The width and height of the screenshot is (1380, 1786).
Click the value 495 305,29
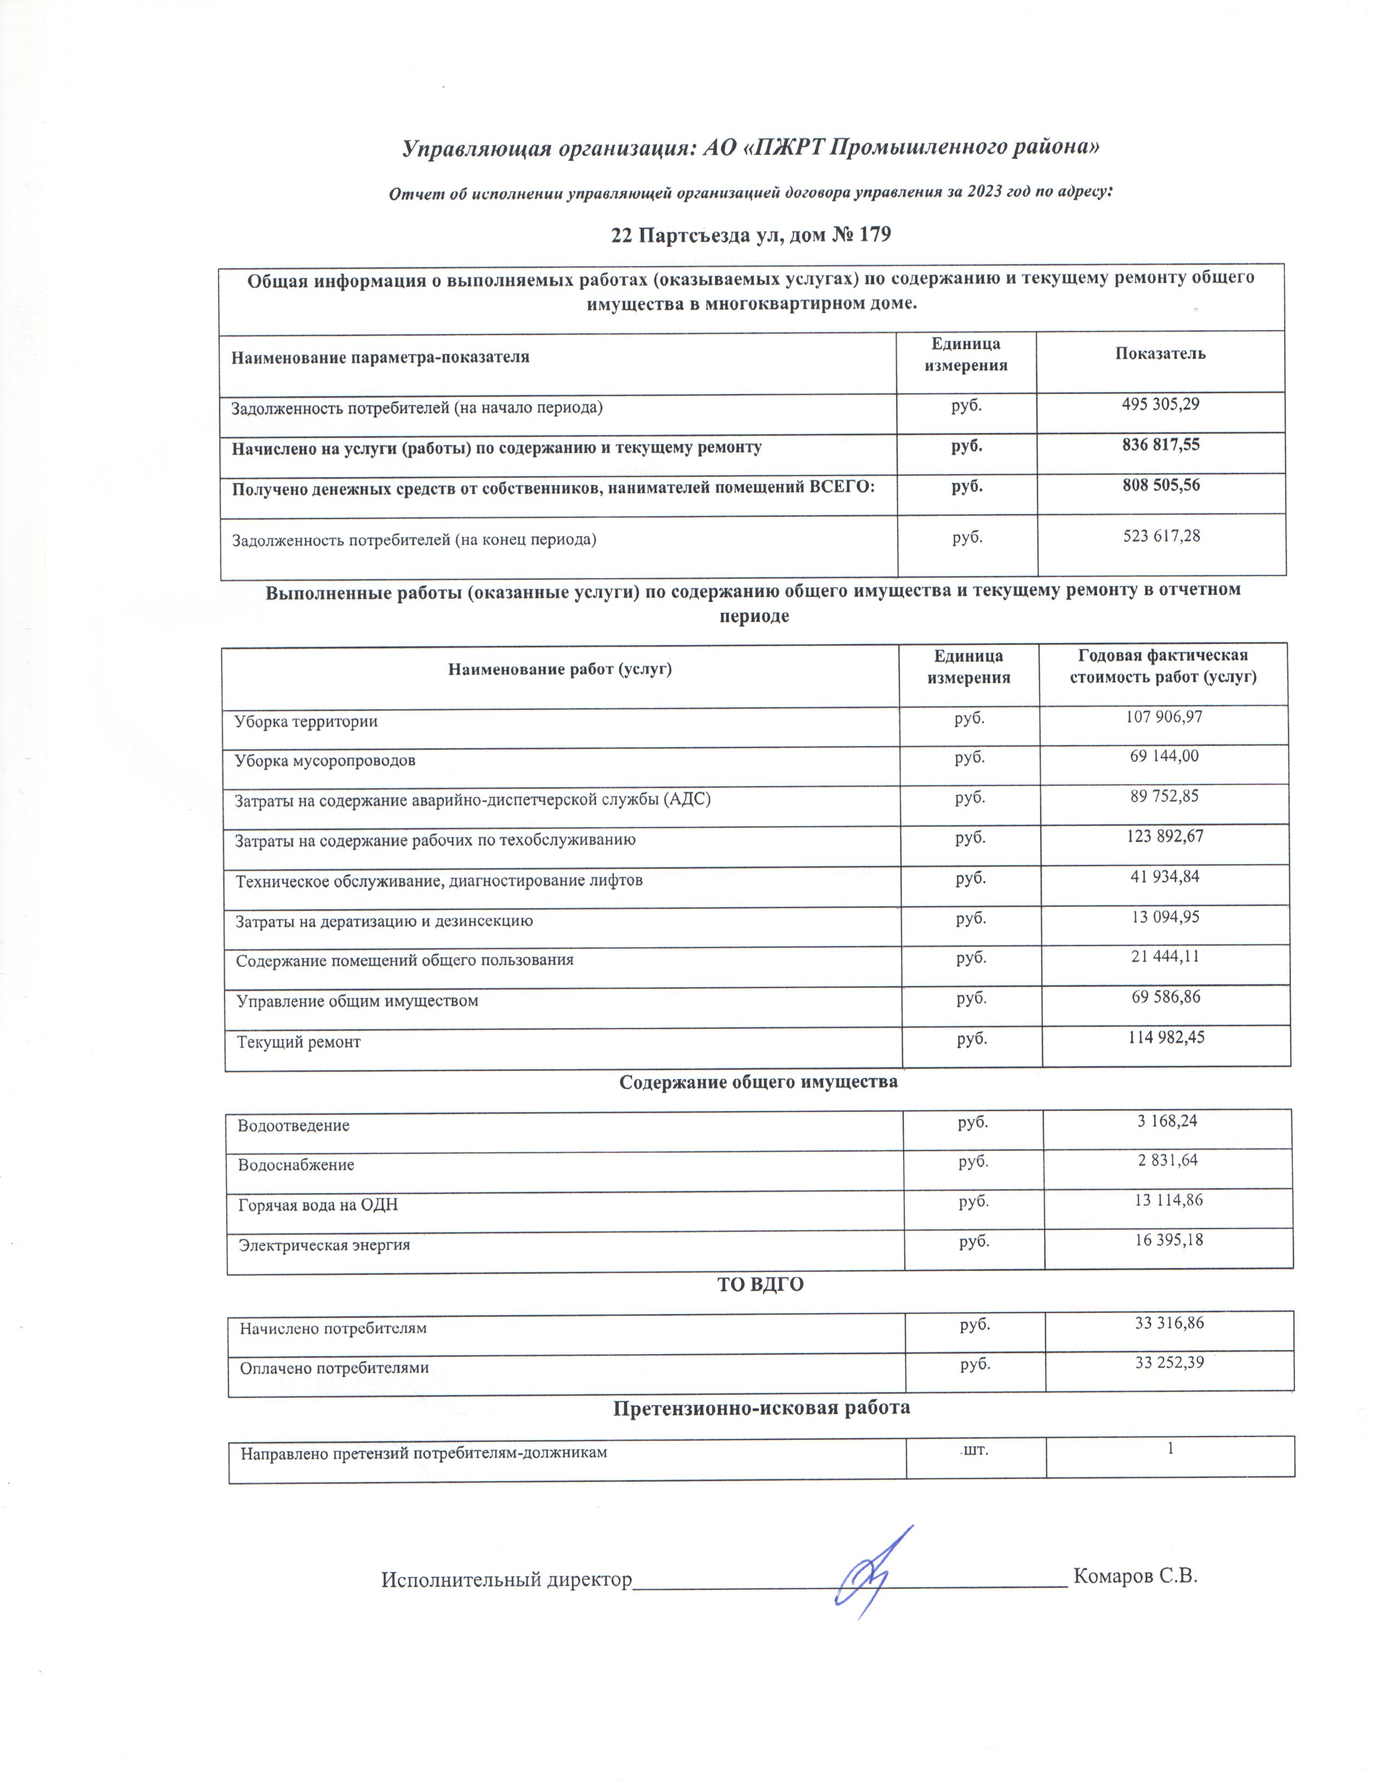coord(1160,404)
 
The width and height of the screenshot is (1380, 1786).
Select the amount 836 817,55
coord(1160,445)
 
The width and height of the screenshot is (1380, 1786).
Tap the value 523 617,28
coord(1161,536)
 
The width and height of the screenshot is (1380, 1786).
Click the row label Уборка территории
coord(306,722)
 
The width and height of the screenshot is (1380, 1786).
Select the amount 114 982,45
coord(1166,1038)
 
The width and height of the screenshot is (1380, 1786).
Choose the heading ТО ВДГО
coord(760,1285)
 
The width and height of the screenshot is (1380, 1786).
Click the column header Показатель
coord(1160,354)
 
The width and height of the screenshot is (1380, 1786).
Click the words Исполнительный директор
coord(507,1579)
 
